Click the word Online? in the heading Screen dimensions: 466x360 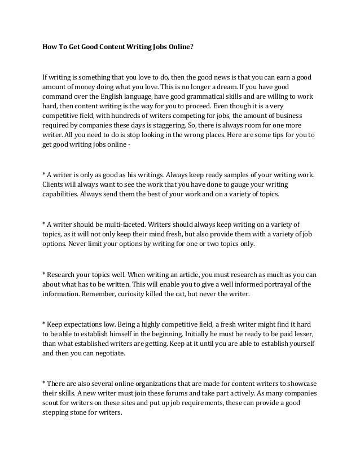(x=179, y=47)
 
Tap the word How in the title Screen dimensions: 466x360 (x=50, y=47)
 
